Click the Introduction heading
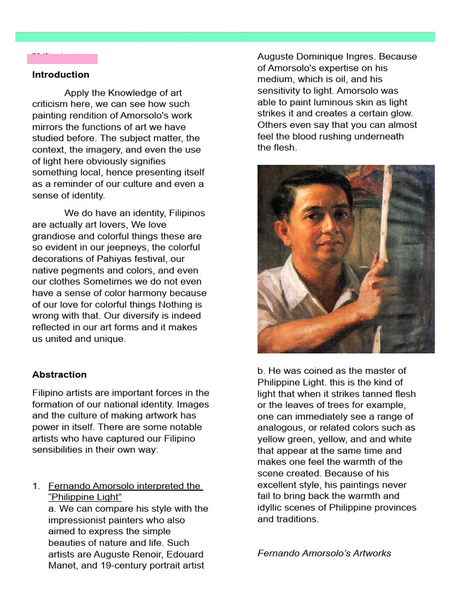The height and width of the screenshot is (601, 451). pyautogui.click(x=60, y=75)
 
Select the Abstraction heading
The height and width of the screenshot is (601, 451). pyautogui.click(x=59, y=374)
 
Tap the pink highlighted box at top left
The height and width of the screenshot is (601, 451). pyautogui.click(x=62, y=59)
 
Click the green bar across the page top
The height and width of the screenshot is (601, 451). pyautogui.click(x=225, y=37)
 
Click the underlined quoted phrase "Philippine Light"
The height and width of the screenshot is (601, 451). pyautogui.click(x=85, y=497)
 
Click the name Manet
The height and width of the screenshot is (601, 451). pyautogui.click(x=61, y=566)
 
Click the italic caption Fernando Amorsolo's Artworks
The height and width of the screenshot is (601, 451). pyautogui.click(x=324, y=553)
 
